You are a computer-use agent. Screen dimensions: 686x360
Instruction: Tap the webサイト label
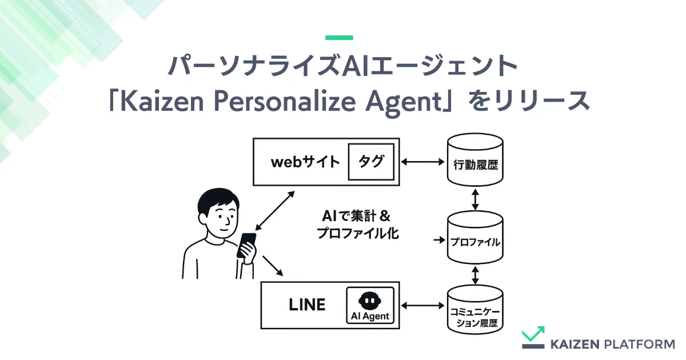pyautogui.click(x=305, y=162)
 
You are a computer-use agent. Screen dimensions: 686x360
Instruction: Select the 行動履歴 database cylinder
pyautogui.click(x=475, y=159)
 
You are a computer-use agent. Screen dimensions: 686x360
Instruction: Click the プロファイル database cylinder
pyautogui.click(x=475, y=237)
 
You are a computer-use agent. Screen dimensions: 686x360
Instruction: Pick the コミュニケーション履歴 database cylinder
pyautogui.click(x=475, y=310)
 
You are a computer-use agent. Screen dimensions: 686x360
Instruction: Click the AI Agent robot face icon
pyautogui.click(x=370, y=301)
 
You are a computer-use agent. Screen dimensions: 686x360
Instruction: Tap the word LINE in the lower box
pyautogui.click(x=307, y=305)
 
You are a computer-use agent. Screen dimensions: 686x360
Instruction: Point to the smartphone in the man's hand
pyautogui.click(x=246, y=245)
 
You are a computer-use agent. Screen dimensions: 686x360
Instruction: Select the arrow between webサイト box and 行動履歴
pyautogui.click(x=422, y=162)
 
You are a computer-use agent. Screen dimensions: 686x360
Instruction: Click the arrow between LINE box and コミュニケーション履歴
pyautogui.click(x=422, y=306)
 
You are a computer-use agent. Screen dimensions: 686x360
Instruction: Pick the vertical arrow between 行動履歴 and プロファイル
pyautogui.click(x=475, y=199)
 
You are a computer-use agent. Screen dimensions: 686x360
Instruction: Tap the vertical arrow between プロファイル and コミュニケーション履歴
pyautogui.click(x=475, y=275)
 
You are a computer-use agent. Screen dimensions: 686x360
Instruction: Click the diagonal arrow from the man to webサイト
pyautogui.click(x=275, y=211)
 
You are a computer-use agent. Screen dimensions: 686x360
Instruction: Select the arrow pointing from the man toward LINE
pyautogui.click(x=273, y=266)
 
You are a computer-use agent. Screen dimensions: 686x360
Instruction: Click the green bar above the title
pyautogui.click(x=339, y=38)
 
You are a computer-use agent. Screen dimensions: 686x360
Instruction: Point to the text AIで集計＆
pyautogui.click(x=356, y=216)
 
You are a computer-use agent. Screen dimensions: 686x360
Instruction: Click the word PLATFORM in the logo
pyautogui.click(x=640, y=344)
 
